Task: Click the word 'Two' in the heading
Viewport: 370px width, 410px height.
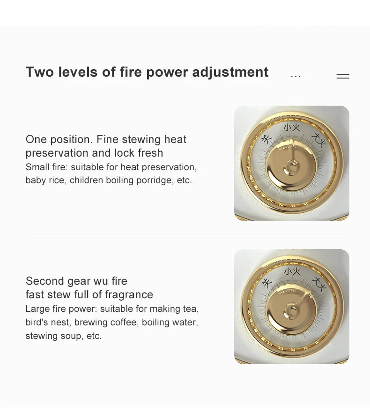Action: pyautogui.click(x=39, y=72)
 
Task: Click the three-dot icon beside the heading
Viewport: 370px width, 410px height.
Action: pyautogui.click(x=296, y=76)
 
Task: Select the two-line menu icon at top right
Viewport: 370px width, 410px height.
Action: pyautogui.click(x=343, y=76)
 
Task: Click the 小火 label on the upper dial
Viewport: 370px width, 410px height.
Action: pyautogui.click(x=292, y=127)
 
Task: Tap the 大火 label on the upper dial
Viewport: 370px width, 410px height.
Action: pyautogui.click(x=318, y=140)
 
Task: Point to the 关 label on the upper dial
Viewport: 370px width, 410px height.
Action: pyautogui.click(x=267, y=139)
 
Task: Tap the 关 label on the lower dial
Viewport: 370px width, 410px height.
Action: pyautogui.click(x=267, y=283)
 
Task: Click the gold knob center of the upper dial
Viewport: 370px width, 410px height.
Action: pyautogui.click(x=291, y=166)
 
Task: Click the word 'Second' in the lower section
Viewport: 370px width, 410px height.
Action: pyautogui.click(x=45, y=281)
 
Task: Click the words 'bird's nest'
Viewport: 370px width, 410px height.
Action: pyautogui.click(x=48, y=322)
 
